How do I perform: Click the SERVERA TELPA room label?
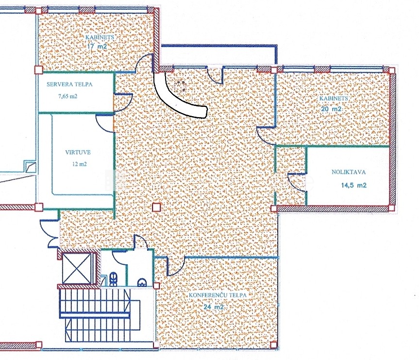point(69,84)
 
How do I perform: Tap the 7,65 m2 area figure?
point(67,96)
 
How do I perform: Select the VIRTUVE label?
point(78,152)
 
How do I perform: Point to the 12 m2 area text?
point(79,164)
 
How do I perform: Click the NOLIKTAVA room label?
point(349,172)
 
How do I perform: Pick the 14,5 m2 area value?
point(354,185)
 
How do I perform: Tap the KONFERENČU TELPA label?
point(218,295)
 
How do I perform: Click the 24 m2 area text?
point(214,307)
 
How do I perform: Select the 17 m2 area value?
point(97,46)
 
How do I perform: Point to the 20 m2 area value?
point(331,109)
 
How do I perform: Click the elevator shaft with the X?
point(77,268)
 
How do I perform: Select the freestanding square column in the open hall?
point(156,207)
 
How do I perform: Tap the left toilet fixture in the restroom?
point(113,278)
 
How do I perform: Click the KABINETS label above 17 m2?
point(100,37)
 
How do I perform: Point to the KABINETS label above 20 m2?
point(334,99)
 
